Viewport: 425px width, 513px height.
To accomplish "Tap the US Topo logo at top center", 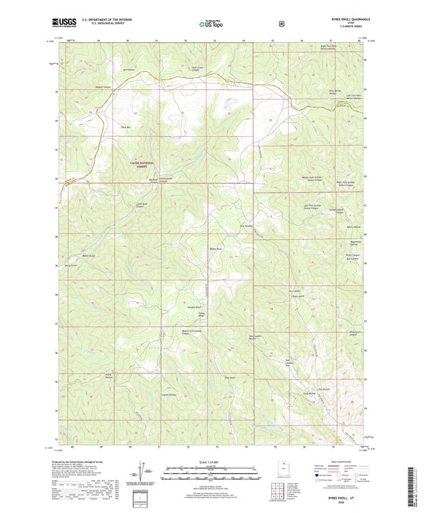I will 211,24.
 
